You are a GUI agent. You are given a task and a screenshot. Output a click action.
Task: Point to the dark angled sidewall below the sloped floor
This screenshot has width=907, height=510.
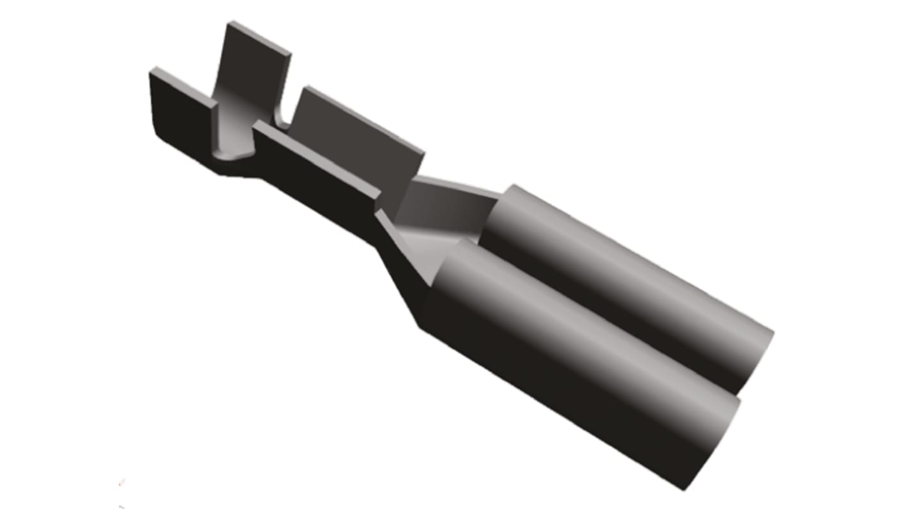(402, 281)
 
